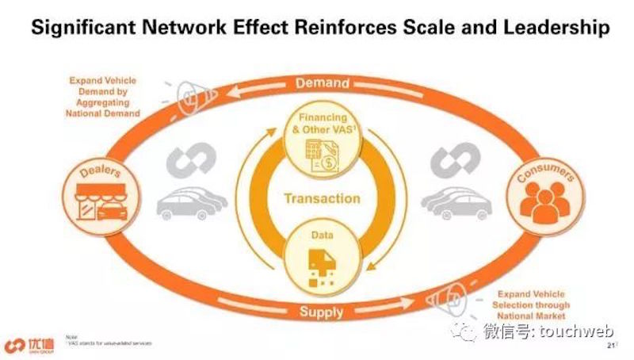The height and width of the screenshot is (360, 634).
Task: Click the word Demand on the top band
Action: click(x=322, y=82)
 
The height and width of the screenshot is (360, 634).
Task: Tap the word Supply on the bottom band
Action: click(x=322, y=312)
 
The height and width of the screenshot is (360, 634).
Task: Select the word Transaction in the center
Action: click(x=322, y=198)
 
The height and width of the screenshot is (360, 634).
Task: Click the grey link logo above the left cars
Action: click(x=192, y=163)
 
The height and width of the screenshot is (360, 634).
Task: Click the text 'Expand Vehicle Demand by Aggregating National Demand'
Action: click(x=105, y=97)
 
